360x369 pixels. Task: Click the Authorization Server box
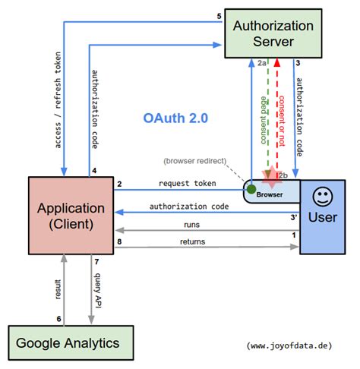click(273, 33)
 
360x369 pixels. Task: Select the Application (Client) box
click(71, 216)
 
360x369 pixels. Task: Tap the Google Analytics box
click(71, 343)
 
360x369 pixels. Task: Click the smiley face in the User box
click(323, 197)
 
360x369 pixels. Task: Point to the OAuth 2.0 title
click(175, 118)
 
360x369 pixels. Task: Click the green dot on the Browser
click(251, 189)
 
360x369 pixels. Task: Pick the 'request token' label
click(188, 183)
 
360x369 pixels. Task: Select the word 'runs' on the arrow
click(191, 225)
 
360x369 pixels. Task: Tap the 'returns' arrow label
click(192, 241)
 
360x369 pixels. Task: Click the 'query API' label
click(98, 290)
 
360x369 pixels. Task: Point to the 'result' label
click(58, 289)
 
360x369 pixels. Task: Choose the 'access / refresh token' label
click(58, 100)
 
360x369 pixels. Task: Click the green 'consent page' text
click(264, 120)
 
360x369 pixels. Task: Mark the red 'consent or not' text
click(282, 121)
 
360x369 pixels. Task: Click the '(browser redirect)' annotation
click(194, 161)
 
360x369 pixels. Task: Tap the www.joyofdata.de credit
click(289, 345)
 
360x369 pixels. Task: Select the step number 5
click(219, 16)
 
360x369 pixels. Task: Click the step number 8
click(119, 241)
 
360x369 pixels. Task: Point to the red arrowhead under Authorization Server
click(277, 62)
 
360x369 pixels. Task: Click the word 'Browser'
click(270, 194)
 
